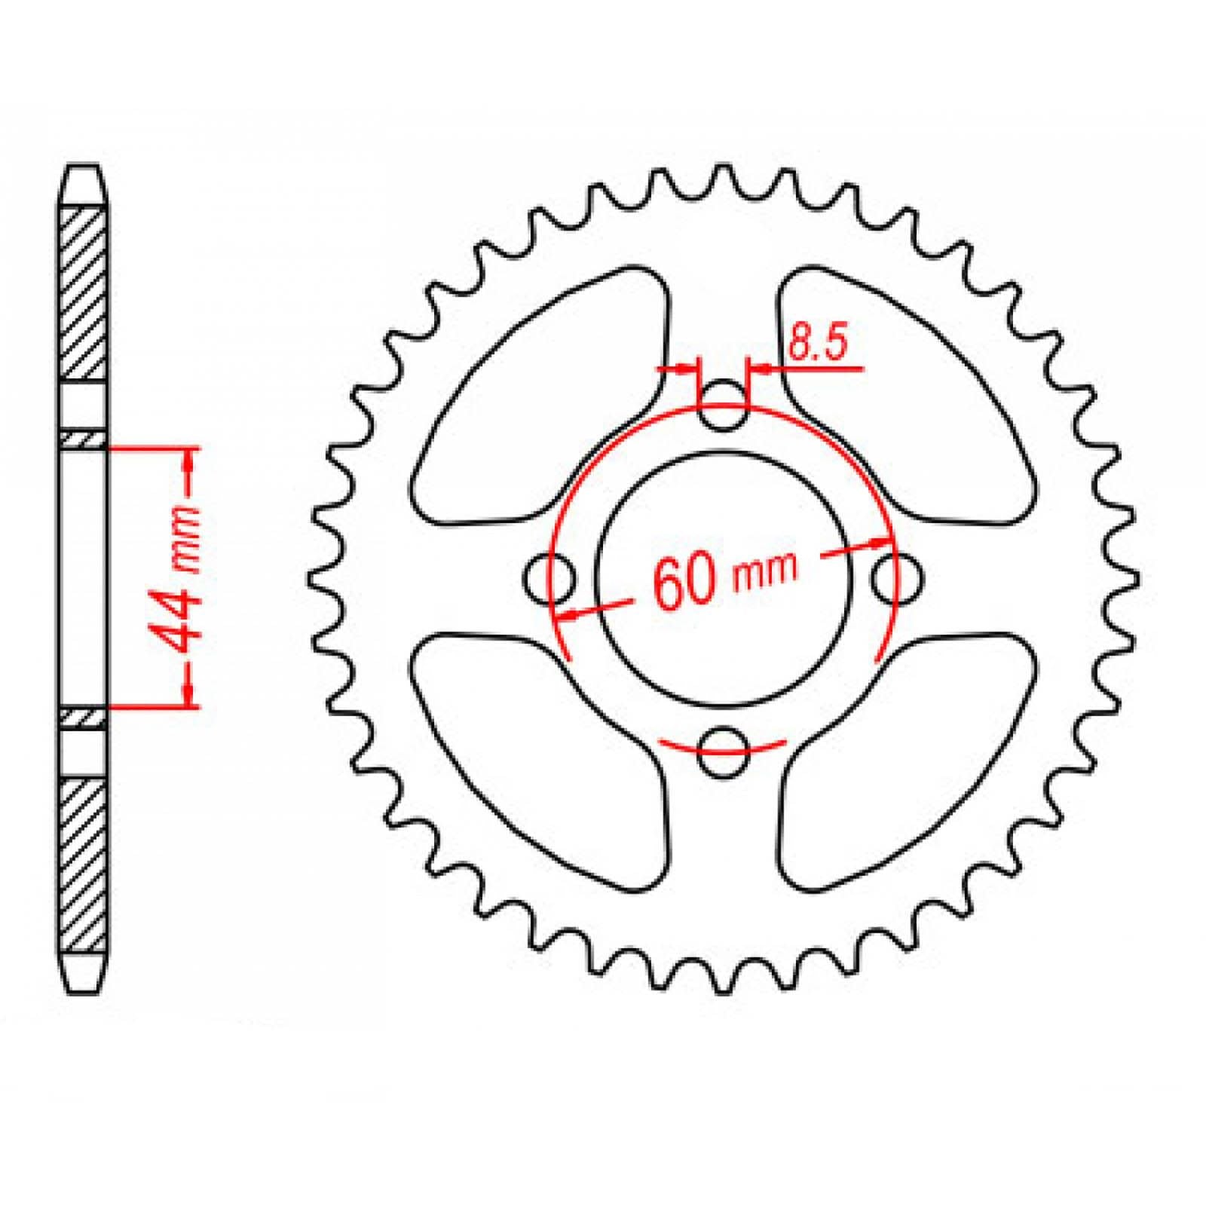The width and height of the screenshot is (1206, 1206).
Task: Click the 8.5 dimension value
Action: click(818, 344)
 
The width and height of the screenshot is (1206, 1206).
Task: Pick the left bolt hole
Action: click(549, 578)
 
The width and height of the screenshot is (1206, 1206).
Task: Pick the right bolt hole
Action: click(897, 578)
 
